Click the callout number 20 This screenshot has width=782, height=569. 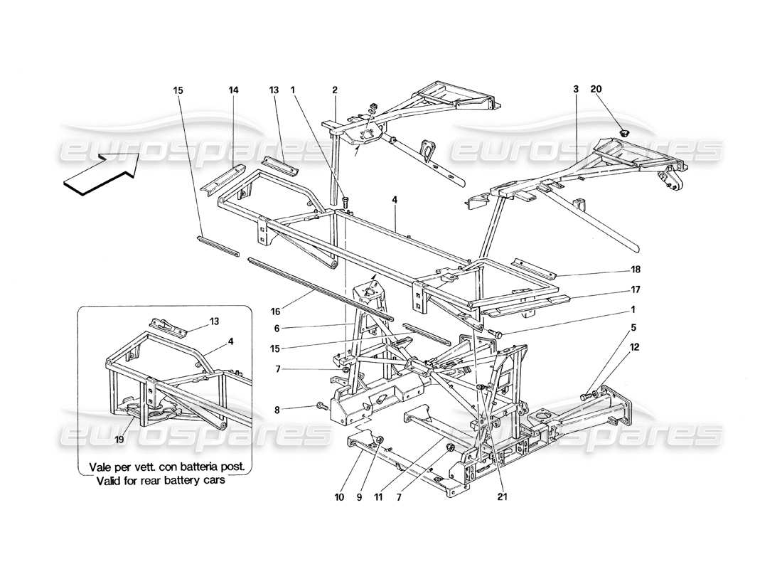(595, 90)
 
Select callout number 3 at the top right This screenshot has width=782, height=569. (575, 90)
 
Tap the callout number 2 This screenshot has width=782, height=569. (334, 90)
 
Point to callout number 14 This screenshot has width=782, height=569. (234, 90)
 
